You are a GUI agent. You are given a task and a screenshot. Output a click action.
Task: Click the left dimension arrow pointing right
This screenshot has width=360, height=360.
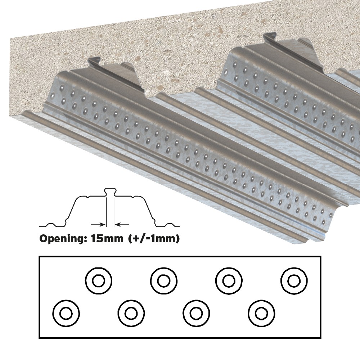coord(99,224)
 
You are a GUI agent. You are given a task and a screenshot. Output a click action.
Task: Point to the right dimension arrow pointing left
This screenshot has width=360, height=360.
coord(122,224)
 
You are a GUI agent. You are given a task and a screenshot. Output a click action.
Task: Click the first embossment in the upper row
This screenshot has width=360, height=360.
coord(99,280)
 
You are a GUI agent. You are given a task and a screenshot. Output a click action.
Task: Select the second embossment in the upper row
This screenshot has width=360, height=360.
coord(164,280)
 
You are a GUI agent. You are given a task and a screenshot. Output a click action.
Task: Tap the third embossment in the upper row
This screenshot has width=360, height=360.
coord(229,280)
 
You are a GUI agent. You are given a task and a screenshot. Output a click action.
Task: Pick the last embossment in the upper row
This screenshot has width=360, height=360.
coord(294,280)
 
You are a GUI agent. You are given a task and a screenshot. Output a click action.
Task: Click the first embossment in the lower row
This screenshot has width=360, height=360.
coord(66,313)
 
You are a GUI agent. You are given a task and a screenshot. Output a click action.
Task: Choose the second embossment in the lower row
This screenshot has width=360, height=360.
coord(131,313)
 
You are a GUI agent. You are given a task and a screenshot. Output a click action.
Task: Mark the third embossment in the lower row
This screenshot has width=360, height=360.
coord(197,313)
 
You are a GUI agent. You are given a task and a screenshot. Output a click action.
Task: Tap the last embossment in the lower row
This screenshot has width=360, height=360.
coord(261,313)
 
